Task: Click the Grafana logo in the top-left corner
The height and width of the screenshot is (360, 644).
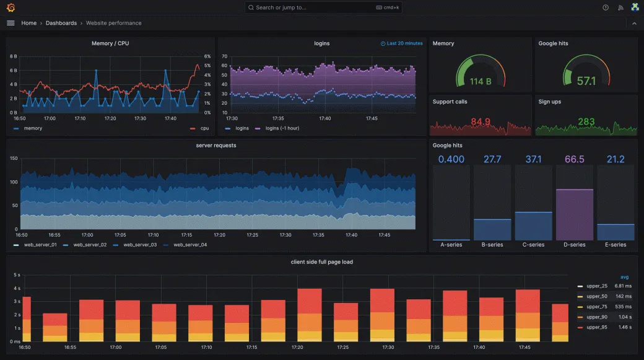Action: tap(11, 7)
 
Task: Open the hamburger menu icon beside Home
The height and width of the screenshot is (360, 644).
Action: tap(11, 23)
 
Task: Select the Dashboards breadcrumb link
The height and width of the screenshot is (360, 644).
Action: tap(61, 23)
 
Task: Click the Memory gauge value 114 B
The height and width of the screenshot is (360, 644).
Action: tap(480, 81)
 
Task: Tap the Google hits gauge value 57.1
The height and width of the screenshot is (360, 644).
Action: tap(586, 81)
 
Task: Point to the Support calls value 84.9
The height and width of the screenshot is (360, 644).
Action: tap(480, 121)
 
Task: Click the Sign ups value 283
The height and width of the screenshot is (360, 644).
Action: tap(586, 121)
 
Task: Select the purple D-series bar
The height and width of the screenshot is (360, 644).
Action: tap(574, 214)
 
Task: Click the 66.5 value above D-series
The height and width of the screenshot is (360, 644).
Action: tap(574, 159)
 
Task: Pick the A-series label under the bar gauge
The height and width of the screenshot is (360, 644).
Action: tap(451, 245)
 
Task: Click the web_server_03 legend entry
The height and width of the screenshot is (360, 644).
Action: tap(139, 245)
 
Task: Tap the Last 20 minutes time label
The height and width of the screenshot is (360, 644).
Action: tap(402, 43)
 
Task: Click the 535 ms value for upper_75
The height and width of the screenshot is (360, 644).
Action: tap(623, 306)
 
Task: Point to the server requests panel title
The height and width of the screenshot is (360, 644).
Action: tap(215, 146)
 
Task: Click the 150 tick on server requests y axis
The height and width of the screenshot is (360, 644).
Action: tap(14, 159)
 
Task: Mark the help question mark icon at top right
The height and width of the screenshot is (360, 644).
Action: tap(605, 7)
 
